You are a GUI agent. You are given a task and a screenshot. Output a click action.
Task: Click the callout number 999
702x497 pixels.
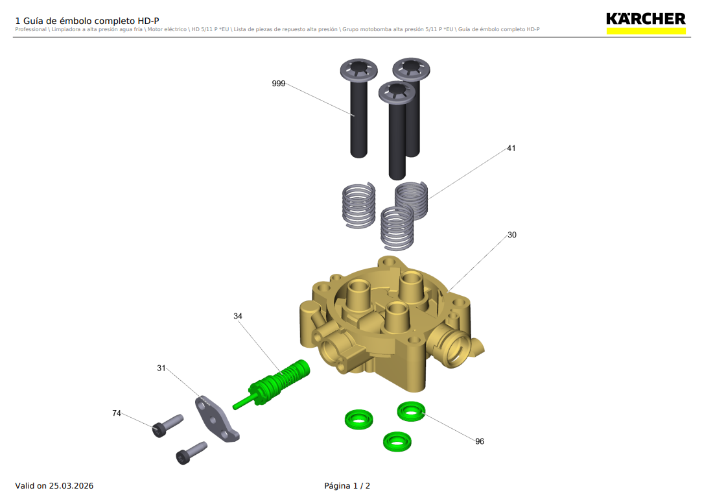279,84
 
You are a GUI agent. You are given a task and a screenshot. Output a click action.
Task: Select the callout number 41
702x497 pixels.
511,149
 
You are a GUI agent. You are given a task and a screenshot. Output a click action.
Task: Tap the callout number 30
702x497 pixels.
511,235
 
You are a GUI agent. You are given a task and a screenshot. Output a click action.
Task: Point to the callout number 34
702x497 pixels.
238,316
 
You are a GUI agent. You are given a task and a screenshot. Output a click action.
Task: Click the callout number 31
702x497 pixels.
161,368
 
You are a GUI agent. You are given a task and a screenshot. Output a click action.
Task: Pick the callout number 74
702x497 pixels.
117,413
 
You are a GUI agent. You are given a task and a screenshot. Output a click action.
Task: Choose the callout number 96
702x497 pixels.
479,441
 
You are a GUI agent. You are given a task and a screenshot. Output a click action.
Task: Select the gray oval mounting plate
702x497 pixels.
217,418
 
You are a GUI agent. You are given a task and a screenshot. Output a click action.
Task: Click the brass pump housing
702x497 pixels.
389,324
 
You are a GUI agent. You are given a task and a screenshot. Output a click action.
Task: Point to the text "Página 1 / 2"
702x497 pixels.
347,486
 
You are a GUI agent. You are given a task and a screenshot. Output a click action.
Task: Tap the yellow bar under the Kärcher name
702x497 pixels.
646,30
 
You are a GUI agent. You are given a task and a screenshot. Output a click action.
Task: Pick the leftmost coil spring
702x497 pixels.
358,205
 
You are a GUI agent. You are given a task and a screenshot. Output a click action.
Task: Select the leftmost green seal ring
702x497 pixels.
358,418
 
